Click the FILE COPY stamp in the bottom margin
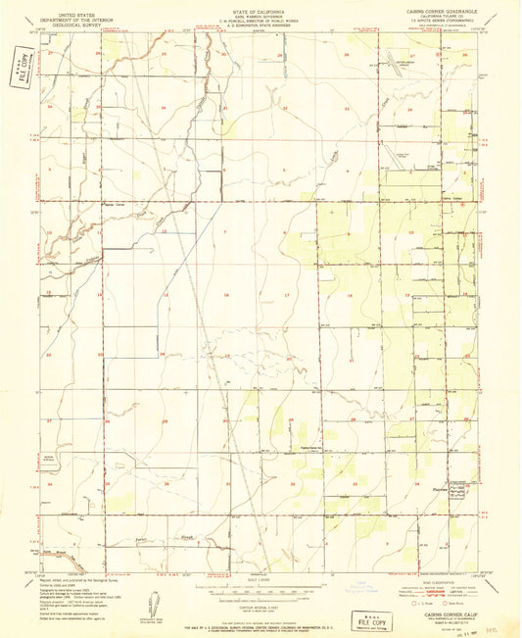click(370, 620)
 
